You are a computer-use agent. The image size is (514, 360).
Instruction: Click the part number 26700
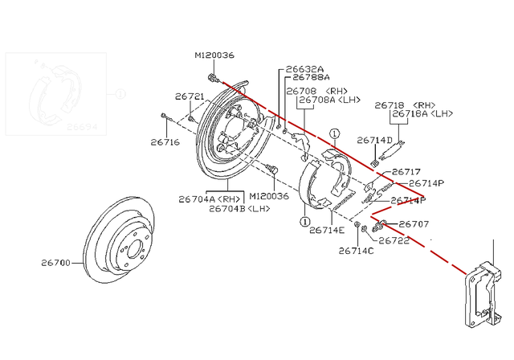[56, 263]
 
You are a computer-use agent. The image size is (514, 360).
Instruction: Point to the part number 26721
[190, 96]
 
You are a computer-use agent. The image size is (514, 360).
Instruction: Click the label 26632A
[304, 69]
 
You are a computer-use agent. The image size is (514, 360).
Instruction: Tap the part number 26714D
[374, 139]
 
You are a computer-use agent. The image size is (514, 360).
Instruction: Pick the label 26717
[406, 171]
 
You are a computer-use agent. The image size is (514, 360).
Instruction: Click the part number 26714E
[327, 230]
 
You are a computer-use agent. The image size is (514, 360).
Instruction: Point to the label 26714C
[357, 251]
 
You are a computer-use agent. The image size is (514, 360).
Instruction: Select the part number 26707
[414, 224]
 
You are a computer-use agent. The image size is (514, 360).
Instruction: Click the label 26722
[395, 239]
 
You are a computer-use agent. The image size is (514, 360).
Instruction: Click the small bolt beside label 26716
[164, 117]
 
